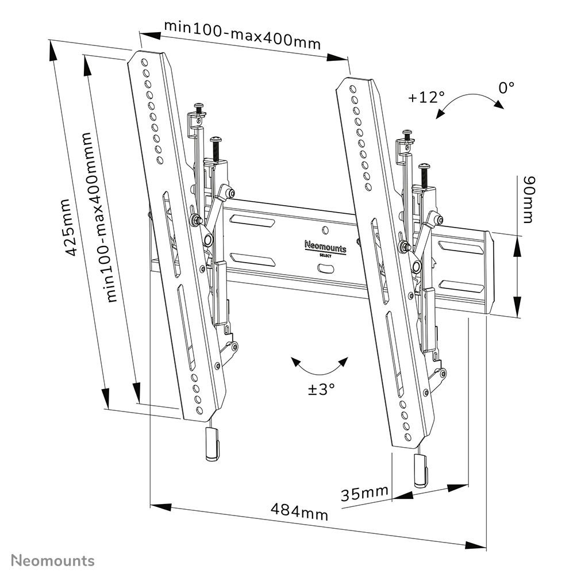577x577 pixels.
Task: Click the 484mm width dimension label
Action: pos(299,511)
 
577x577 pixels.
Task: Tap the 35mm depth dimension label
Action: pos(364,493)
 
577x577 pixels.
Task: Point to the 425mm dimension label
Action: pos(68,227)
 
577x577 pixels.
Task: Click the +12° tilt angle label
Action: pos(426,97)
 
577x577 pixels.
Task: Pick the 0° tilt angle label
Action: pos(506,87)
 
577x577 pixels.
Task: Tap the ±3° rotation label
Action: pos(321,389)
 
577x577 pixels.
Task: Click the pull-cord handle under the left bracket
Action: pos(211,445)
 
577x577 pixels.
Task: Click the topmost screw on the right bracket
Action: pos(407,136)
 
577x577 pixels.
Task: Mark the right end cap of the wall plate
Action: pos(488,272)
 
